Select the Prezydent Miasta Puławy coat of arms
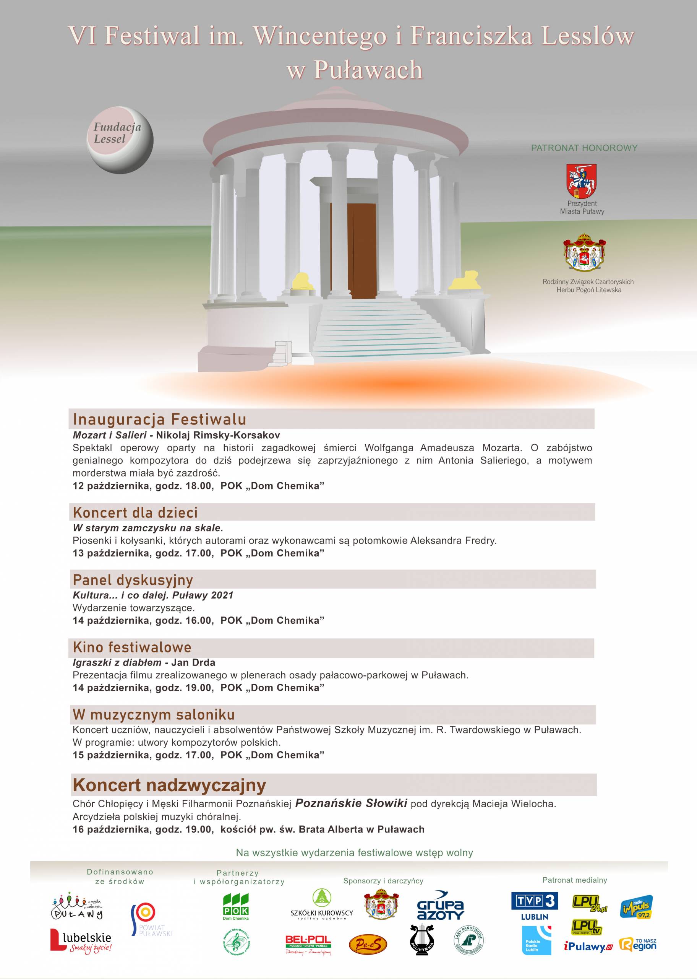click(582, 181)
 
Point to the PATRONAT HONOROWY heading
click(584, 148)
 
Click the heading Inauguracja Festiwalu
click(159, 419)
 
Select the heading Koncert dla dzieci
click(135, 512)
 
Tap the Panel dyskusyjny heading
click(133, 580)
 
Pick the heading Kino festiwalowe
click(132, 647)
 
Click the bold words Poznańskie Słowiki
click(351, 803)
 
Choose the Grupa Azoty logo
click(440, 906)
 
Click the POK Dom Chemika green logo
click(236, 906)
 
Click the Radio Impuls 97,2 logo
click(637, 907)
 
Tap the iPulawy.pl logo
click(588, 947)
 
